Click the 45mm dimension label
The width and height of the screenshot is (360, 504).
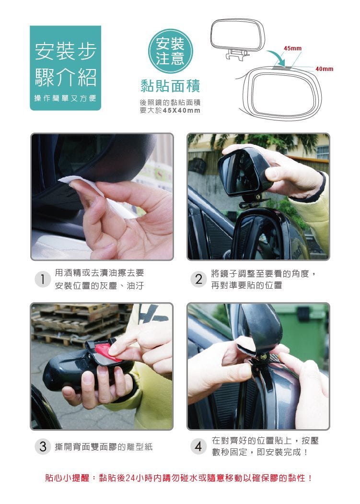(292, 48)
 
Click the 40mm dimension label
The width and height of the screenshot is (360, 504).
(324, 69)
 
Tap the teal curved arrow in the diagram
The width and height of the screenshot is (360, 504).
(277, 57)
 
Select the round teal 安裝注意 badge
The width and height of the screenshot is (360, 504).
(170, 51)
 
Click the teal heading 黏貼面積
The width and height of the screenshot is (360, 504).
(170, 86)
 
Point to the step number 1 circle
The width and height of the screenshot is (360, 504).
(43, 279)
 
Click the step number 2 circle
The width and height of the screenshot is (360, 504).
(198, 279)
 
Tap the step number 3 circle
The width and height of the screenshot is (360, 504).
(43, 446)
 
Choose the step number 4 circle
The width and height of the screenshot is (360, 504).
(198, 446)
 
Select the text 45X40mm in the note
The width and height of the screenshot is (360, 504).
(182, 110)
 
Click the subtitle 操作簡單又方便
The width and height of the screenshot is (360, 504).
(65, 98)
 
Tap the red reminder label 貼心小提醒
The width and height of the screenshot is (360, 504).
(67, 478)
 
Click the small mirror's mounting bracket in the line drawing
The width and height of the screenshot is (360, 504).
(237, 54)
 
